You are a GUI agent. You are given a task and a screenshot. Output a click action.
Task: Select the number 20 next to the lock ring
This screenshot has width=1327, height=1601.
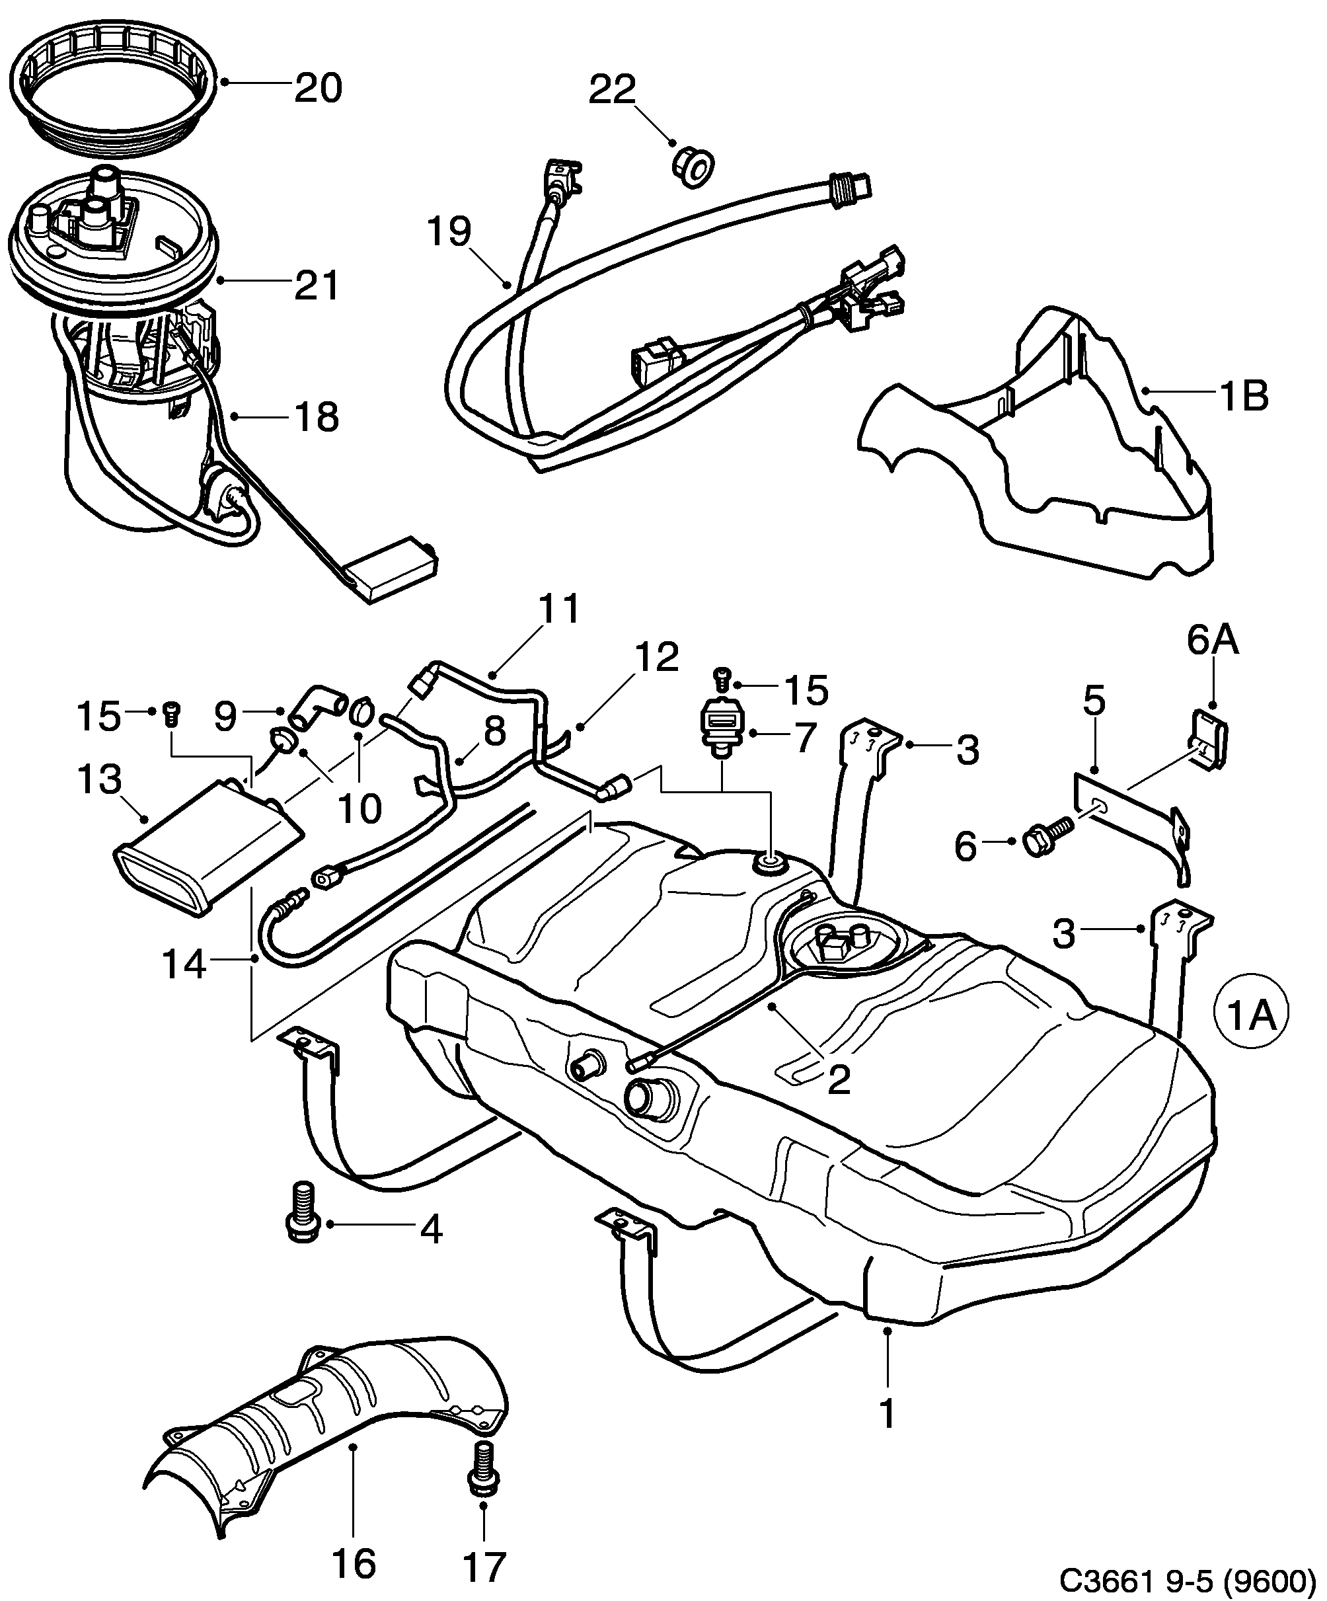point(319,88)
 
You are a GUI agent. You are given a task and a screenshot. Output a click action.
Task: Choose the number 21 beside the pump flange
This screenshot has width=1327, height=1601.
point(317,287)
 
